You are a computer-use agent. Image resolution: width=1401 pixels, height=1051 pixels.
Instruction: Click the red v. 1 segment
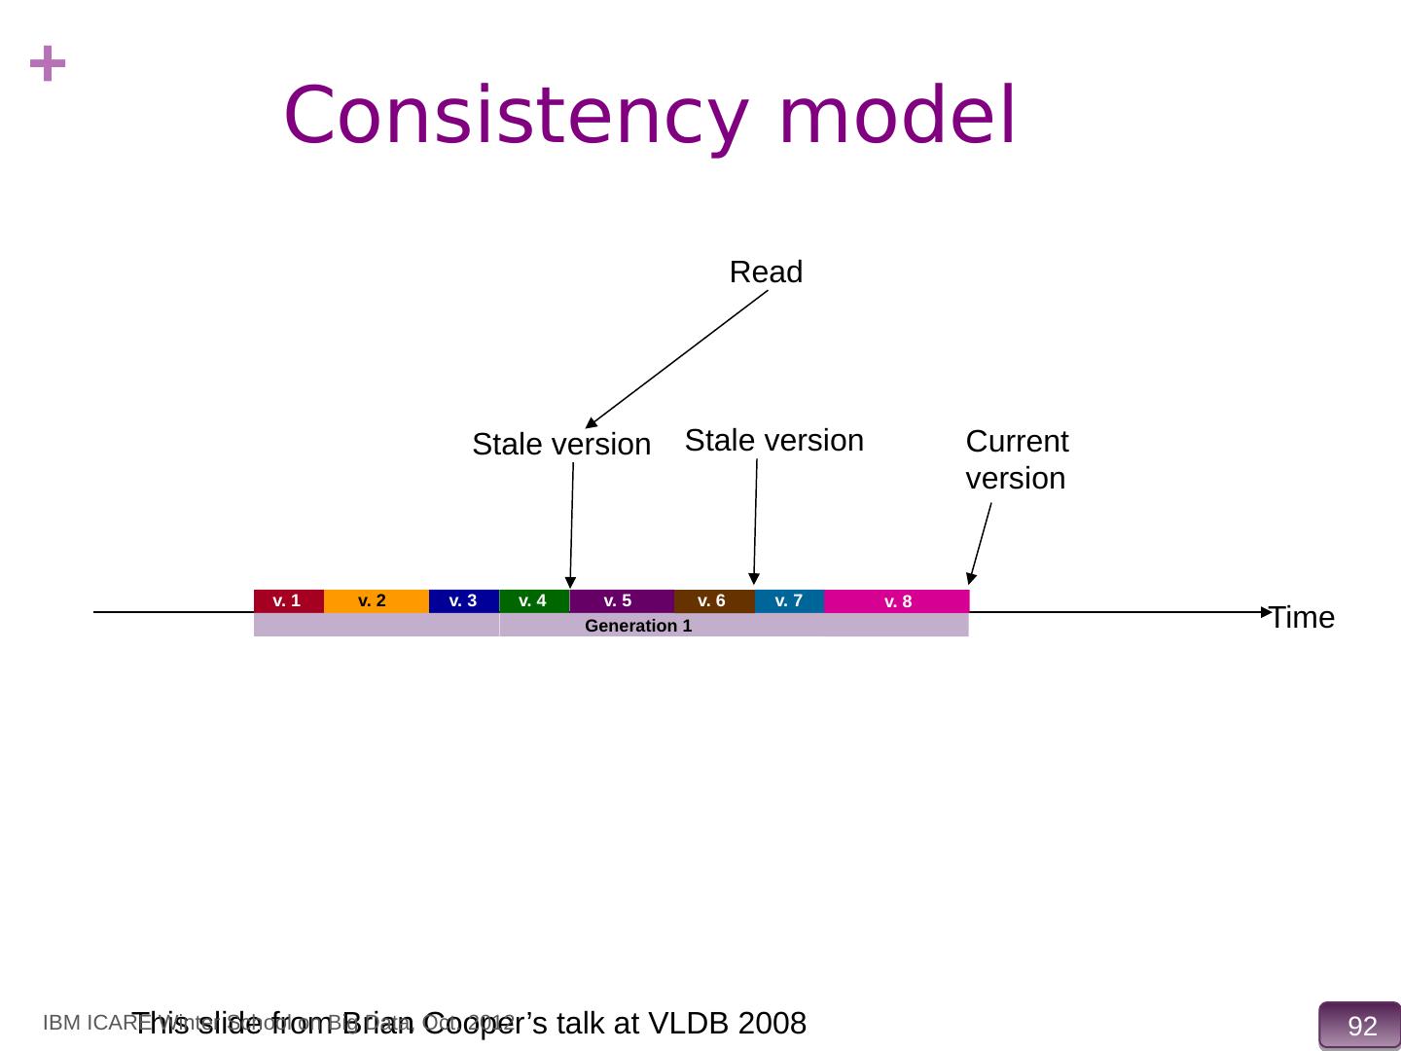click(x=288, y=600)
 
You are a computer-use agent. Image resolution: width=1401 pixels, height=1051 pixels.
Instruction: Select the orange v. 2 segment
click(x=376, y=600)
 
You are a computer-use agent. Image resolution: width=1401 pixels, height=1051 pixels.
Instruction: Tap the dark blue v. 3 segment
click(x=463, y=600)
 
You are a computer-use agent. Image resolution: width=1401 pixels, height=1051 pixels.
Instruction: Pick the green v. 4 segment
click(x=533, y=600)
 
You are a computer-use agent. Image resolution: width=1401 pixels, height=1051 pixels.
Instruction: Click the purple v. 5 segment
click(x=621, y=600)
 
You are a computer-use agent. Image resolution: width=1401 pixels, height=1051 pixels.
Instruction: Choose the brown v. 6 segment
click(x=713, y=600)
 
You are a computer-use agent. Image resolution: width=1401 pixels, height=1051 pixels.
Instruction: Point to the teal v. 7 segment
click(x=789, y=600)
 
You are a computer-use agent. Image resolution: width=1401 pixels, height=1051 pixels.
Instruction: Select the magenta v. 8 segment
click(x=897, y=601)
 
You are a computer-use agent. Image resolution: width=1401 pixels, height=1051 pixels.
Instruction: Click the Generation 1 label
click(x=638, y=626)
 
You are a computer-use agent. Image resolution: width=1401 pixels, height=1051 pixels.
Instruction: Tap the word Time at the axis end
click(x=1303, y=618)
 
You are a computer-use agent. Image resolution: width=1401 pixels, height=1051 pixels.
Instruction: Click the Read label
click(x=766, y=272)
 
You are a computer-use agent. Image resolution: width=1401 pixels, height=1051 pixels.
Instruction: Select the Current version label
click(x=1017, y=459)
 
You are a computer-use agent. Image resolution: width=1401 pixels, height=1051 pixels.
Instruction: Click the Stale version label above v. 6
click(x=774, y=441)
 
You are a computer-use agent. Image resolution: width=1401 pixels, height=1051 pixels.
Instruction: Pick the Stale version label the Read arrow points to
click(x=561, y=445)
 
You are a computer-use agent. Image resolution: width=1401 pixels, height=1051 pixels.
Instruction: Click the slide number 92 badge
click(x=1361, y=1026)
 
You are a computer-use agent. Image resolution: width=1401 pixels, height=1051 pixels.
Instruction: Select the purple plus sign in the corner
click(x=48, y=66)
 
